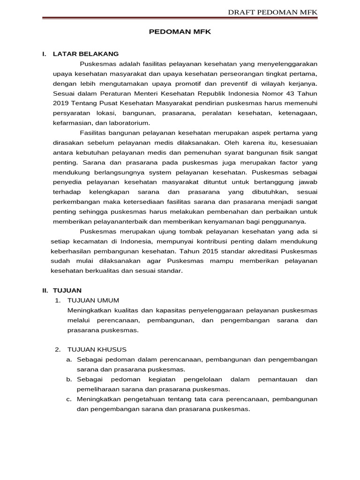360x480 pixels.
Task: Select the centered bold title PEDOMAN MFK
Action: pos(180,33)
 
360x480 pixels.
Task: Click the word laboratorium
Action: pos(127,123)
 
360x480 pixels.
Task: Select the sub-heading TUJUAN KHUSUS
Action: pos(97,349)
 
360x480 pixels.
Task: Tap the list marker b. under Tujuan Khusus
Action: pos(68,379)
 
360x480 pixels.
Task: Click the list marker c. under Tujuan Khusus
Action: pos(68,399)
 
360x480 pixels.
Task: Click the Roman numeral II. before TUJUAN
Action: pos(46,290)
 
